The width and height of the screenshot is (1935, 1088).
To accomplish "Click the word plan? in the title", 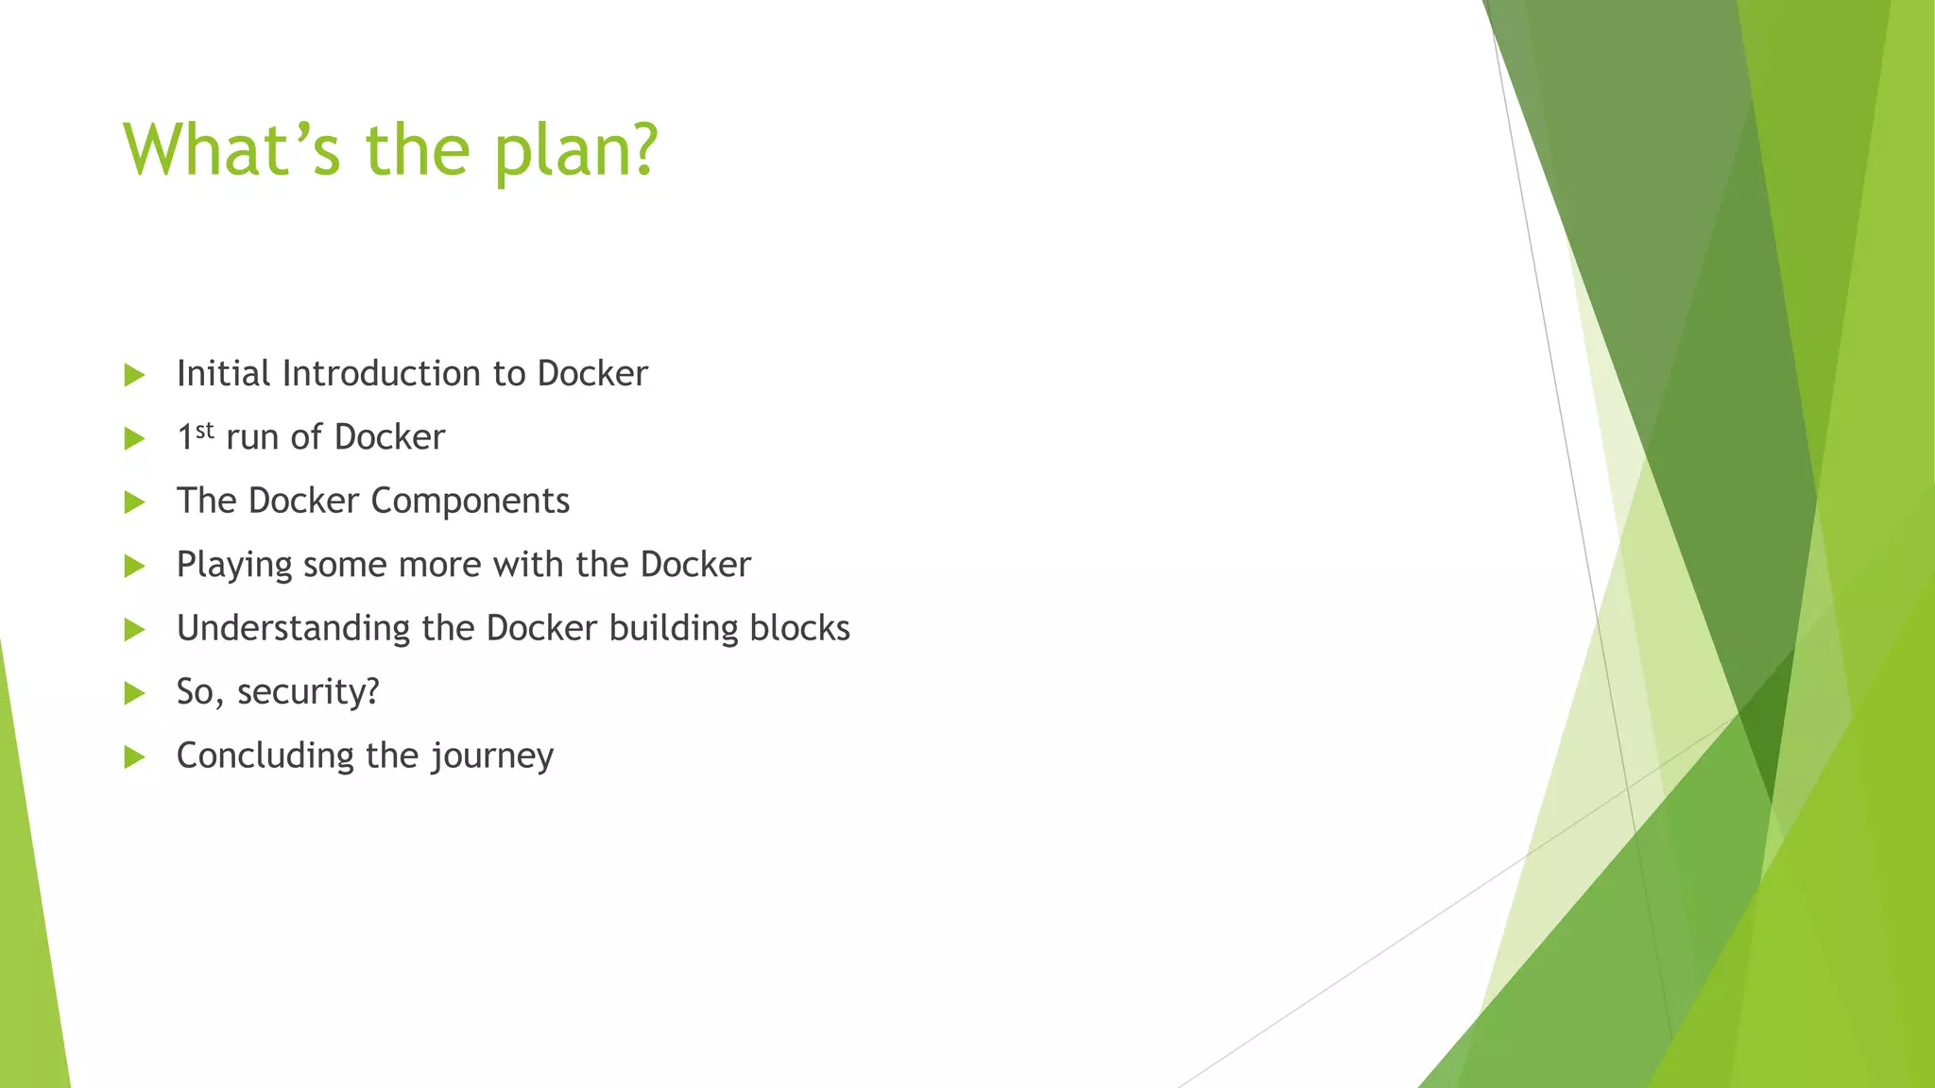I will (576, 151).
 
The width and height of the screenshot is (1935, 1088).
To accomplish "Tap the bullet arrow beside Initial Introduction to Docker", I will (134, 375).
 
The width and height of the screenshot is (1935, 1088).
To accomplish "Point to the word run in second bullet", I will (252, 438).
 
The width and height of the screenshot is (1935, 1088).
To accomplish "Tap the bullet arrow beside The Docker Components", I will (134, 502).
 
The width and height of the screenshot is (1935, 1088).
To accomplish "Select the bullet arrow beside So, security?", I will (134, 693).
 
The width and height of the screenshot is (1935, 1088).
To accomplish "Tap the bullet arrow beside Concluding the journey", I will (134, 756).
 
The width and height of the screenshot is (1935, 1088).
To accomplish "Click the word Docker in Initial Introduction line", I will (592, 374).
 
